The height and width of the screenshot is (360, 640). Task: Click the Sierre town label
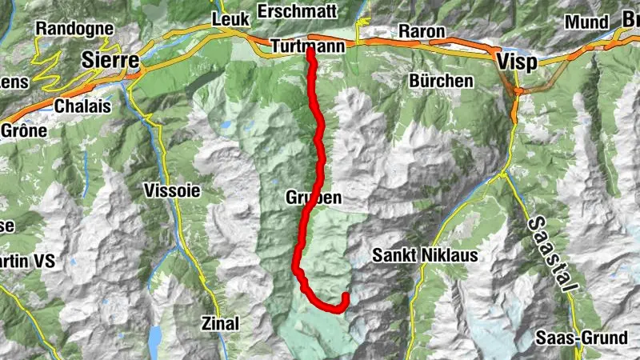[111, 61]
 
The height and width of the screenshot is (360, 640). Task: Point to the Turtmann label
[308, 47]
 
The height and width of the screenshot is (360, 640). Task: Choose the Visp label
[515, 62]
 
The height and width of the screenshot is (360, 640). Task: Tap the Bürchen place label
[441, 81]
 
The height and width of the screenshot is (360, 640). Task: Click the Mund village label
[587, 22]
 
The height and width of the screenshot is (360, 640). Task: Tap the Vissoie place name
[173, 190]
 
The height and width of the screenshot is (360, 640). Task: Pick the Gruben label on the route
[314, 197]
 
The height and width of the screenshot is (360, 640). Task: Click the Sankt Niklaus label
[425, 256]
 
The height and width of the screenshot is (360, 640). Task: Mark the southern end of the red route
[346, 297]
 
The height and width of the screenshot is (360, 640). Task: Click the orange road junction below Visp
[518, 92]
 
